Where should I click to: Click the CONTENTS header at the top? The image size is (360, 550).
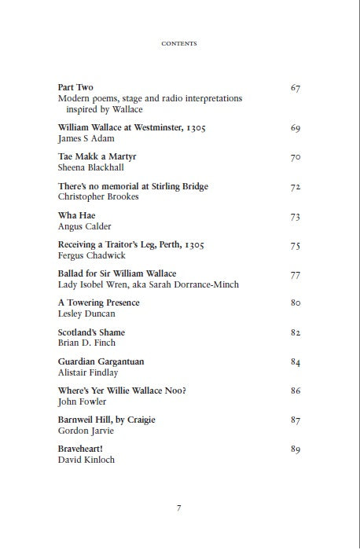tap(178, 43)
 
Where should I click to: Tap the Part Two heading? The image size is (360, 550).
tap(76, 87)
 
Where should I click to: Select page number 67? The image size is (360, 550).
tap(296, 87)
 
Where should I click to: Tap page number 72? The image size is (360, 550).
tap(296, 187)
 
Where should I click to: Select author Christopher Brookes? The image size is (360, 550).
tap(98, 196)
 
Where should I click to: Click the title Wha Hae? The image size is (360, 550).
tap(76, 216)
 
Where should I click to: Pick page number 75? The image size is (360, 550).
tap(296, 246)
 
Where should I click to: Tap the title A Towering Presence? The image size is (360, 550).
tap(99, 302)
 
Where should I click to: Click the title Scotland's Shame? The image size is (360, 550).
tap(92, 332)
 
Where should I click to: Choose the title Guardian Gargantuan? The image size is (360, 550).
tap(101, 361)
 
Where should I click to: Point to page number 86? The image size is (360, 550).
tap(296, 390)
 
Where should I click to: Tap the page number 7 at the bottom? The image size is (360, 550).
tap(180, 508)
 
